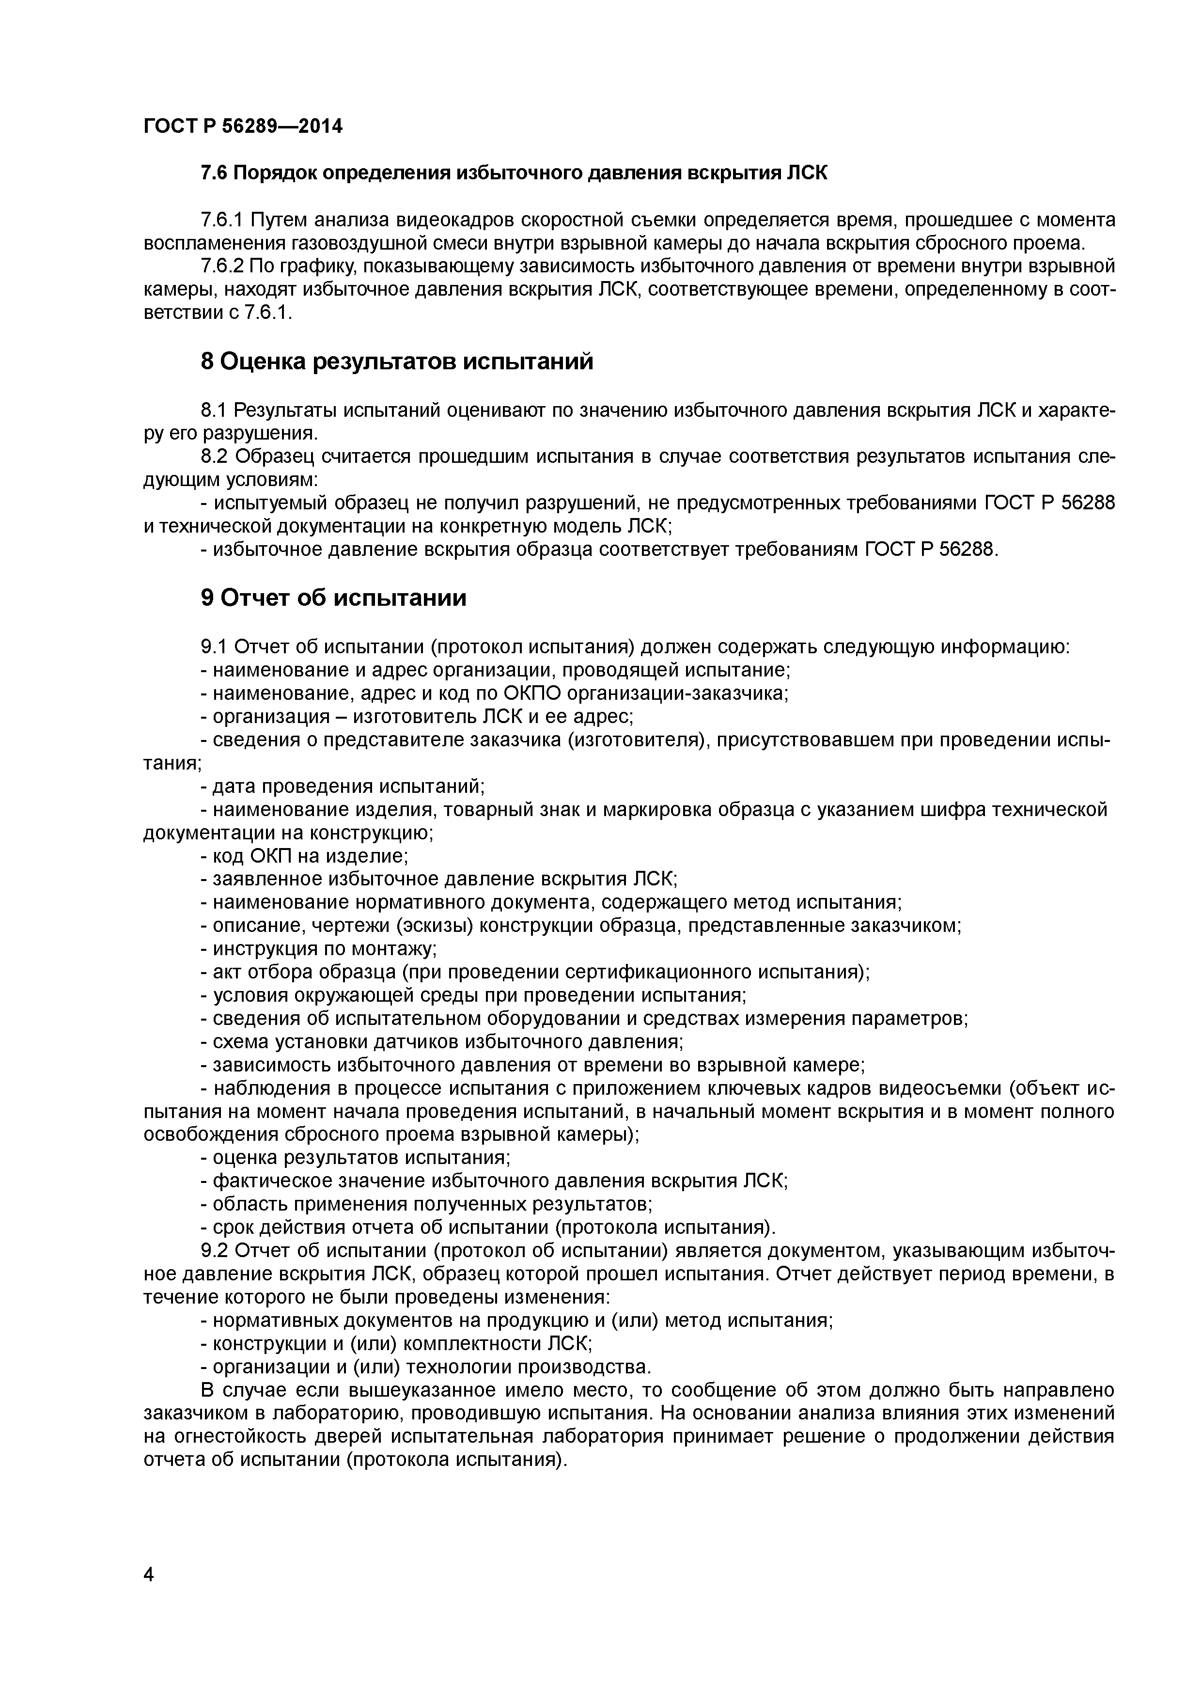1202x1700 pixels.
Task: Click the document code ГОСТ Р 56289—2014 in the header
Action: (243, 126)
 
